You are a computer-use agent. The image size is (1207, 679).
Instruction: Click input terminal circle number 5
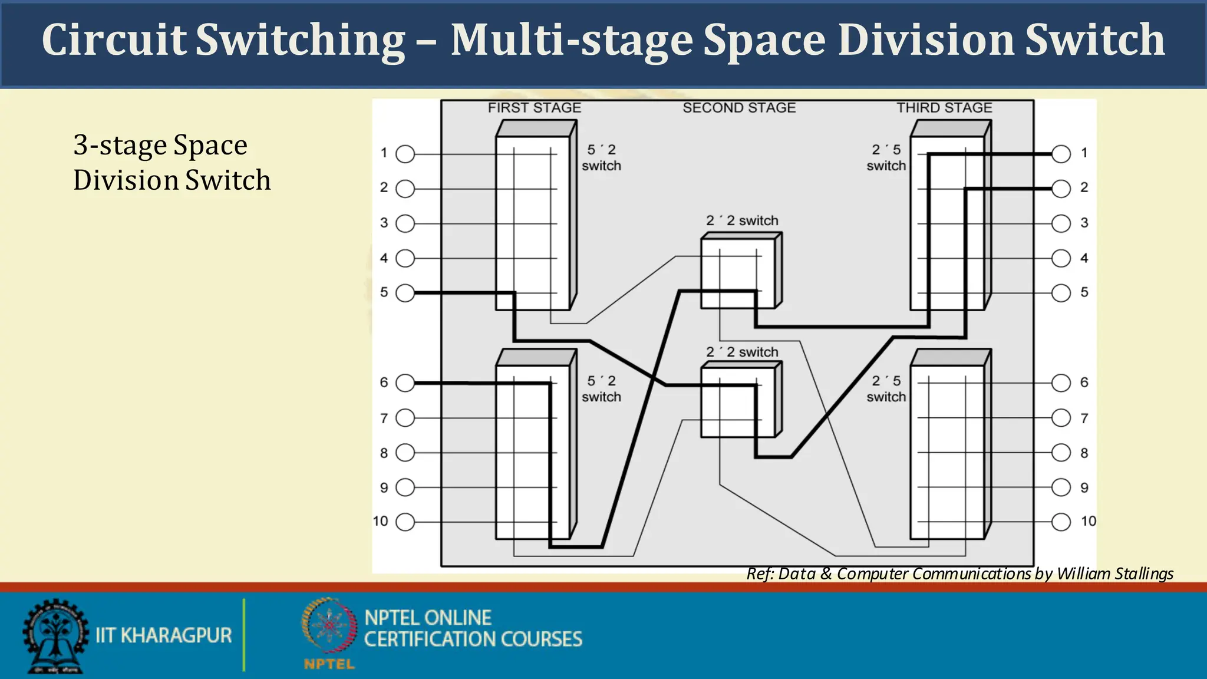[x=405, y=293]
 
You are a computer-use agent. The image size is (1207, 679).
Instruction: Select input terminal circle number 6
[x=405, y=383]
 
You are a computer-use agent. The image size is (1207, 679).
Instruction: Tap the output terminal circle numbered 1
[x=1061, y=154]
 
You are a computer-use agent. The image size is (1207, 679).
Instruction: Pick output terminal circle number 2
[x=1061, y=189]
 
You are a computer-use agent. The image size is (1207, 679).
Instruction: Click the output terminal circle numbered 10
[x=1061, y=522]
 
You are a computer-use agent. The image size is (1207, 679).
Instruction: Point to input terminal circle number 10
[x=405, y=522]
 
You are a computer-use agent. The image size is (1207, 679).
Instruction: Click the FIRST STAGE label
[x=534, y=108]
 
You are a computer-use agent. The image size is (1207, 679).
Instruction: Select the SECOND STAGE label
[x=739, y=108]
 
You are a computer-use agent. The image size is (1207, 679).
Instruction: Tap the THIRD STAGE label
[x=944, y=108]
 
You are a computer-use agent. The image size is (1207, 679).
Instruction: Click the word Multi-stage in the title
[x=572, y=40]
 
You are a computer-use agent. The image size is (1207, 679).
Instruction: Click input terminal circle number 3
[x=405, y=223]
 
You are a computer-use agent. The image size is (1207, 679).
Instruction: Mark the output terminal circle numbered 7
[x=1061, y=418]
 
